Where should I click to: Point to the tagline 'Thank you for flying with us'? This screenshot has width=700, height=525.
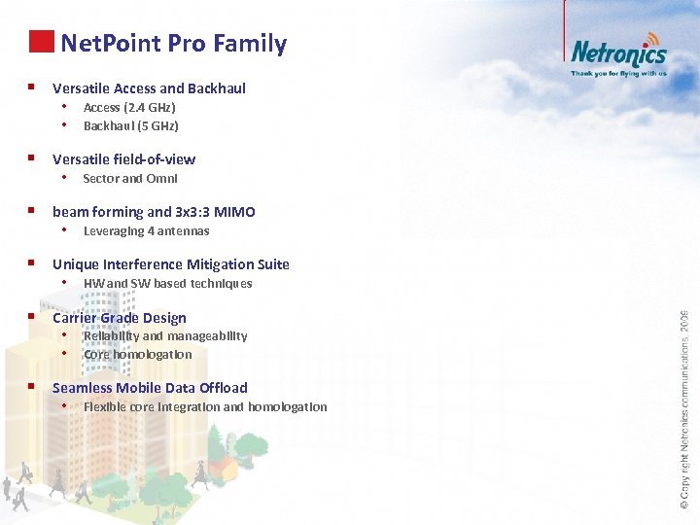[618, 73]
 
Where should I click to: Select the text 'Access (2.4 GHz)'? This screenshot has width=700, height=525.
[129, 108]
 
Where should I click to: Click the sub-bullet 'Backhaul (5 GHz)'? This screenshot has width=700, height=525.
[130, 126]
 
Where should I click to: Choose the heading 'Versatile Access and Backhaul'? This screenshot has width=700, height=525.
[149, 88]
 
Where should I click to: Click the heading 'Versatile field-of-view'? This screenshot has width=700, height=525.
[123, 159]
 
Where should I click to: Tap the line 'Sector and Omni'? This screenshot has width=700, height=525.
[130, 179]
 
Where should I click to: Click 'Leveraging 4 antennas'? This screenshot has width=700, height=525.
[146, 231]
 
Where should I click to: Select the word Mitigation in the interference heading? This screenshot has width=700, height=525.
[216, 264]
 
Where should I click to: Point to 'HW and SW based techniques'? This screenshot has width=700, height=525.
[167, 284]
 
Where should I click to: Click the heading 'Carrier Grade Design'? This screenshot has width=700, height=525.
[119, 318]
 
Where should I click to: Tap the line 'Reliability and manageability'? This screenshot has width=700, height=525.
[165, 336]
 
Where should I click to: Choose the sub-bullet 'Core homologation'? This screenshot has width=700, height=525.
[137, 355]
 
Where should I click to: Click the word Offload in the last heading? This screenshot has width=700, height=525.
[223, 388]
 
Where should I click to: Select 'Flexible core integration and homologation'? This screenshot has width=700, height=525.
[205, 407]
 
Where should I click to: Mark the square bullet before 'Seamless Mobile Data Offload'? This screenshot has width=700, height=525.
[32, 387]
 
